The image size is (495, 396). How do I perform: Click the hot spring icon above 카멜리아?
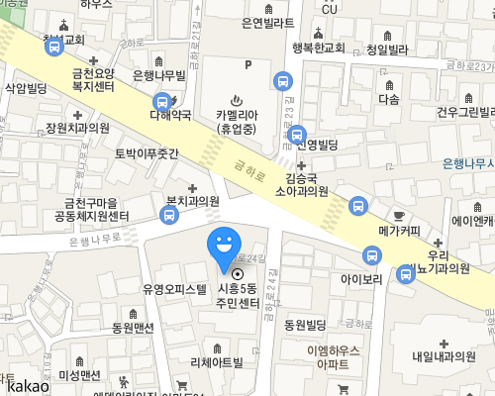(236, 99)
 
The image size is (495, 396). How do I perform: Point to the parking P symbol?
(247, 66)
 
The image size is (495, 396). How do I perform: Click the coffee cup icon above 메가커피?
(399, 215)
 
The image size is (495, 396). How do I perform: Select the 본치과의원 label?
(192, 201)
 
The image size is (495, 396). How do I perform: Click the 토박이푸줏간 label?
(147, 154)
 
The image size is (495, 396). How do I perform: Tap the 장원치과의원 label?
(77, 129)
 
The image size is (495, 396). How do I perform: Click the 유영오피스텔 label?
(174, 290)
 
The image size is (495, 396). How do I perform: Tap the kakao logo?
(25, 385)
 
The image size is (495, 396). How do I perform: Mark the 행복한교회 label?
(318, 47)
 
